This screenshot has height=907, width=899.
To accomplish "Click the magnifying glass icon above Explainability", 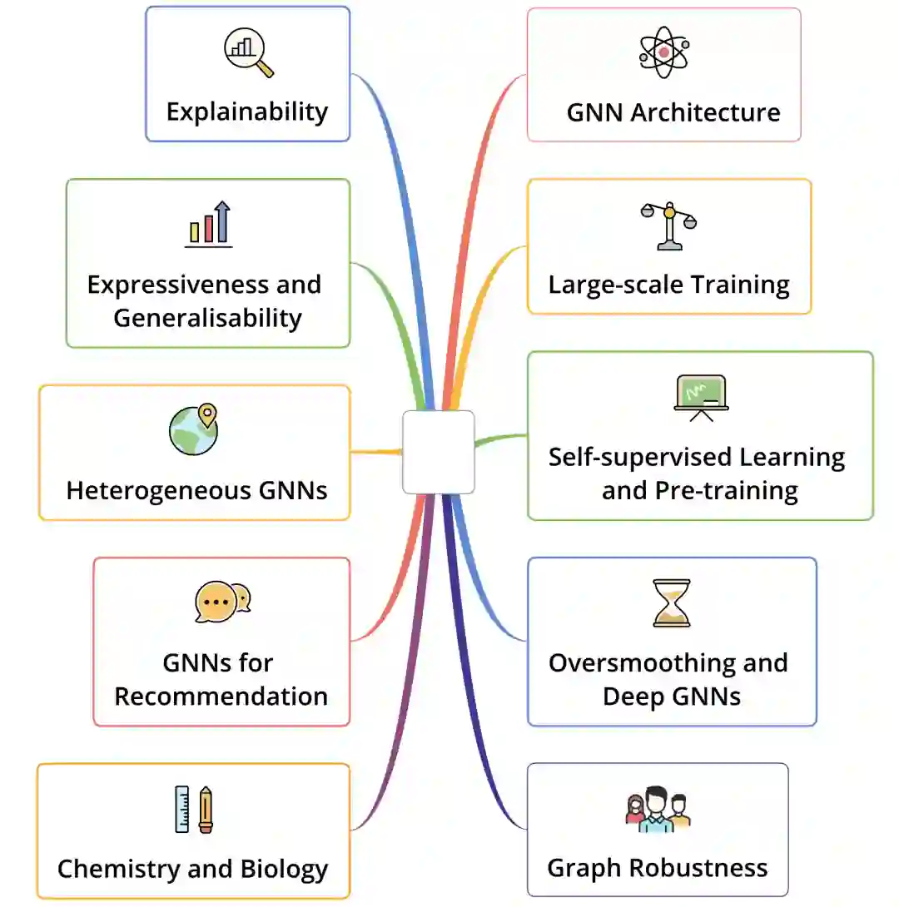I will (248, 53).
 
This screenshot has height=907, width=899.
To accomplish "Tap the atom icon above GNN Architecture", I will (663, 52).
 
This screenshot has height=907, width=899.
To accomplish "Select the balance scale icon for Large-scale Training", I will (669, 225).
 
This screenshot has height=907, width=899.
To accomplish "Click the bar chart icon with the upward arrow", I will (208, 223).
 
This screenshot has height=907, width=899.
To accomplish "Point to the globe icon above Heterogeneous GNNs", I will (193, 429).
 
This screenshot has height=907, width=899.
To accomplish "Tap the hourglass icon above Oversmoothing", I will (672, 603).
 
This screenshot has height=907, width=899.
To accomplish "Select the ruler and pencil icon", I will (194, 809).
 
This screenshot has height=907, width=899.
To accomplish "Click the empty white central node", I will (438, 452).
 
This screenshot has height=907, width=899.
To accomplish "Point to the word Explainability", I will (247, 112).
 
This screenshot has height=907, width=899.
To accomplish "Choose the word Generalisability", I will (207, 318).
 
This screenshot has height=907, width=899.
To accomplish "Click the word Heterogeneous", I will (158, 490).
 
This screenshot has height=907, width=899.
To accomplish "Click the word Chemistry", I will (119, 869).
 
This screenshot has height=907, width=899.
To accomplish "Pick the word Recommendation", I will (221, 696).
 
